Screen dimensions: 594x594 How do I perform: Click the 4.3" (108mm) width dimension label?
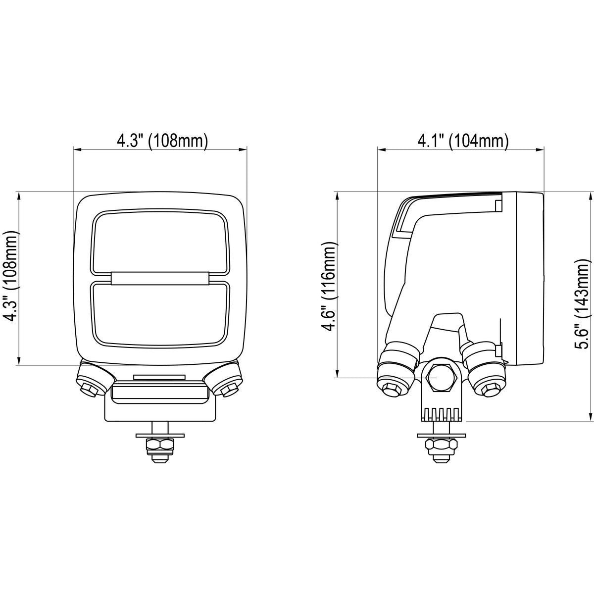coord(162,142)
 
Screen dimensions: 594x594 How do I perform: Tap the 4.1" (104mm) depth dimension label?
coord(463,142)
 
